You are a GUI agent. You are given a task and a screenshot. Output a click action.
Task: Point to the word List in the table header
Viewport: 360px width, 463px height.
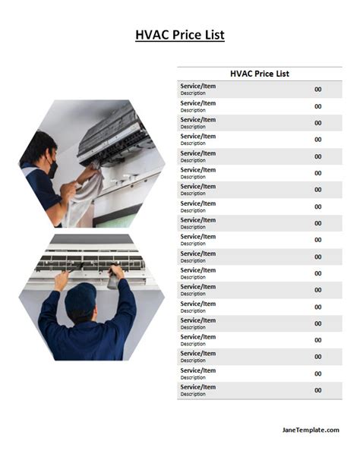pyautogui.click(x=283, y=74)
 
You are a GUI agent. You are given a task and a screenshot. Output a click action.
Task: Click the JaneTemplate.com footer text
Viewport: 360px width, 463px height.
pyautogui.click(x=311, y=430)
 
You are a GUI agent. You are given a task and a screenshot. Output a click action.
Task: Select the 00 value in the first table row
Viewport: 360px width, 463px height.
pyautogui.click(x=317, y=89)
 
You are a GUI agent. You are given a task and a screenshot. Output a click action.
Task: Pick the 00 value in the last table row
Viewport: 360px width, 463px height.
pyautogui.click(x=317, y=390)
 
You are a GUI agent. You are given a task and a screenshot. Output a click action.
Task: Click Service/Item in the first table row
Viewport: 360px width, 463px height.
pyautogui.click(x=198, y=86)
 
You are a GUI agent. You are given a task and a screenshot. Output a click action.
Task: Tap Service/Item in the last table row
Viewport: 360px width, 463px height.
pyautogui.click(x=198, y=387)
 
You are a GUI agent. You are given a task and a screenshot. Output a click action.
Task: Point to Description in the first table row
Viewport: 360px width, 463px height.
pyautogui.click(x=193, y=93)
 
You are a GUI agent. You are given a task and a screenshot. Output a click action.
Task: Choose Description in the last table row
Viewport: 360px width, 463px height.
pyautogui.click(x=193, y=394)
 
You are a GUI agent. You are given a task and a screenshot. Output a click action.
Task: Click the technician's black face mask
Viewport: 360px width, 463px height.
pyautogui.click(x=52, y=169)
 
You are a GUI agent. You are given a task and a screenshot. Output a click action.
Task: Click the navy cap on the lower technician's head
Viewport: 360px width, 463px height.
pyautogui.click(x=81, y=298)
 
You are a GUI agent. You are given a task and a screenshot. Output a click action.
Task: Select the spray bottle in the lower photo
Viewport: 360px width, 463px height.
pyautogui.click(x=113, y=279)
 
